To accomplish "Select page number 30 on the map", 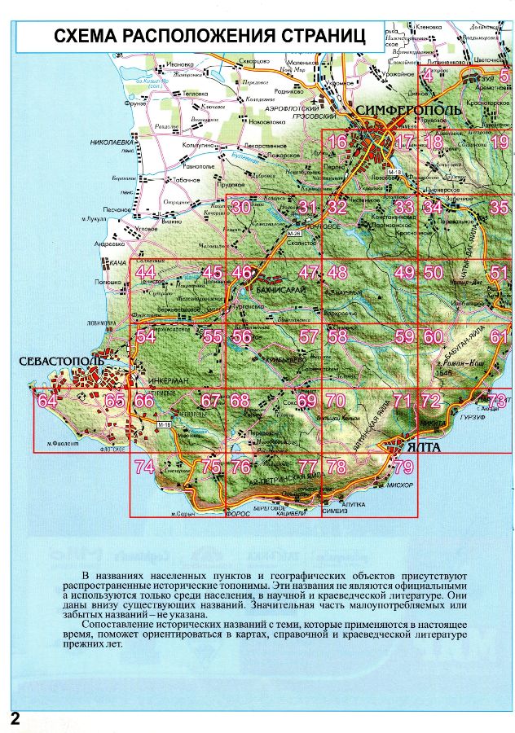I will tap(240, 208).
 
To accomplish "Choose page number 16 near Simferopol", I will tap(337, 143).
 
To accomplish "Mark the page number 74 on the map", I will tap(144, 467).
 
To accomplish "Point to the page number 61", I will tap(500, 337).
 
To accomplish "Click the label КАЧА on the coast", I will tap(117, 263).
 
